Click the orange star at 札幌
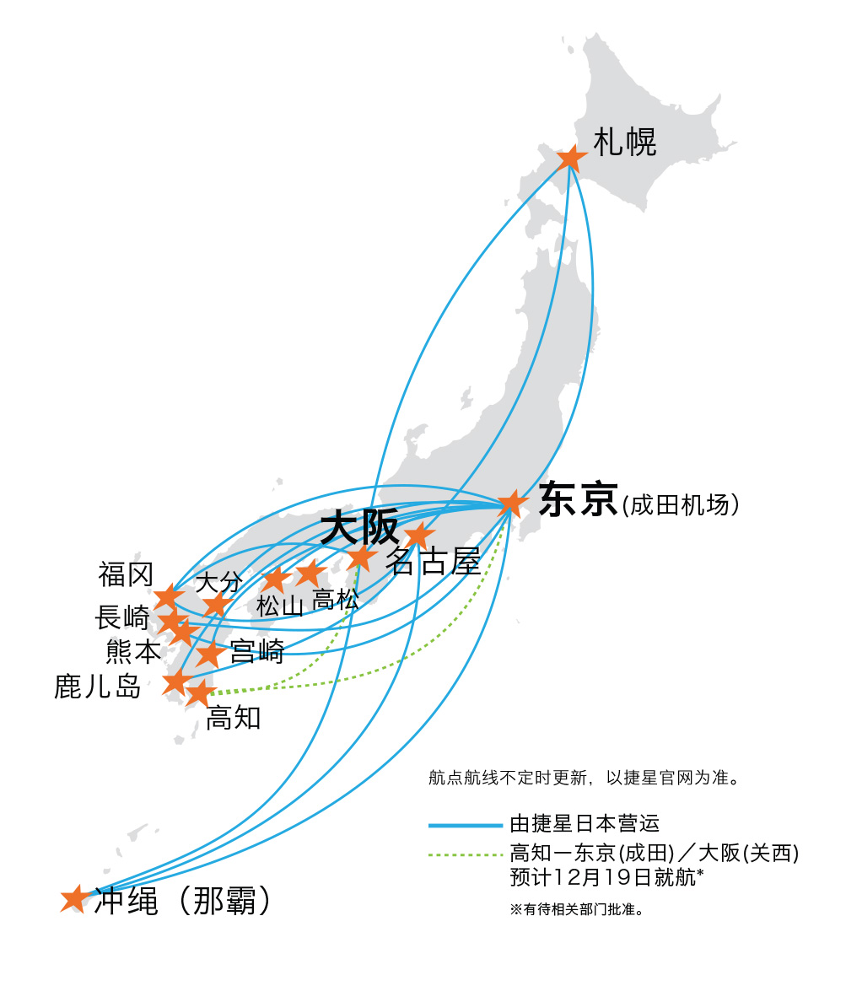571,158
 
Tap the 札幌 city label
624,143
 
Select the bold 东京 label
579,499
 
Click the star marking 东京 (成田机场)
511,504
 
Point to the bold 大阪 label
359,528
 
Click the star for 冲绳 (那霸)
74,899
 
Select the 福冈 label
126,575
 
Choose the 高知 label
234,719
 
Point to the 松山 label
280,605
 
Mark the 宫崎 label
256,651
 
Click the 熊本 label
133,652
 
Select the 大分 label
218,582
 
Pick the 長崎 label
122,617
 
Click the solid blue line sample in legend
465,825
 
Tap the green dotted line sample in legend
465,854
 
